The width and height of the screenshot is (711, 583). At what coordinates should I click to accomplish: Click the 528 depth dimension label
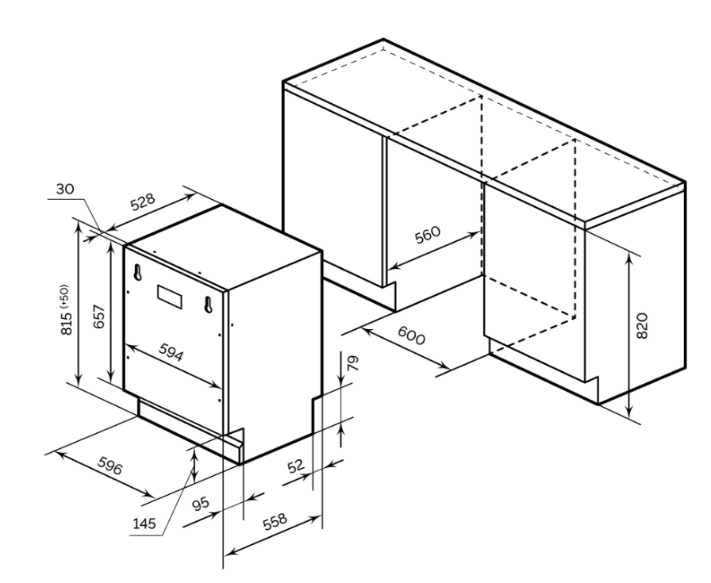143,202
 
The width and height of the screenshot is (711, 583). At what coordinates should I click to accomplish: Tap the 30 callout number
65,189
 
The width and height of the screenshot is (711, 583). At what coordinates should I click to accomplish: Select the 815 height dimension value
67,322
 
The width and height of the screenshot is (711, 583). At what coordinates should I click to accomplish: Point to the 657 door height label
99,316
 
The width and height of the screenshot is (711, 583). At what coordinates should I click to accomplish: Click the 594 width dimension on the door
171,351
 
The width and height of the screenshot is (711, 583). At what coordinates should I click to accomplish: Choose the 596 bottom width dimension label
110,466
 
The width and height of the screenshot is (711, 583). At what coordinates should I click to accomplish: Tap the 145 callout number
144,524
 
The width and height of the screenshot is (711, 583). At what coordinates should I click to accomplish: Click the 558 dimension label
275,521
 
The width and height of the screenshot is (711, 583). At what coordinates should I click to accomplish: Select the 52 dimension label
296,466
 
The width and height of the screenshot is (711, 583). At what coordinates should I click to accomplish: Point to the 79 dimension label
353,363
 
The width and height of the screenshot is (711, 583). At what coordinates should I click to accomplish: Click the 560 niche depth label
428,234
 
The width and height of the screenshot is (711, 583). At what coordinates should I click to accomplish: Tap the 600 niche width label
412,336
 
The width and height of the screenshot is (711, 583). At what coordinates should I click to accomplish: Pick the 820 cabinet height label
643,325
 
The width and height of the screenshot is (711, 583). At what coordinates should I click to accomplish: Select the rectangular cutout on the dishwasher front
171,297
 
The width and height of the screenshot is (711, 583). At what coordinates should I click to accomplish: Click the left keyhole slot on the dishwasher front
137,273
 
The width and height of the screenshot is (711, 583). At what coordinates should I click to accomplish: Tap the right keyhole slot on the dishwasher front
208,305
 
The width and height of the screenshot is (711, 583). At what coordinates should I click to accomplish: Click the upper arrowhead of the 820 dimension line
629,259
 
